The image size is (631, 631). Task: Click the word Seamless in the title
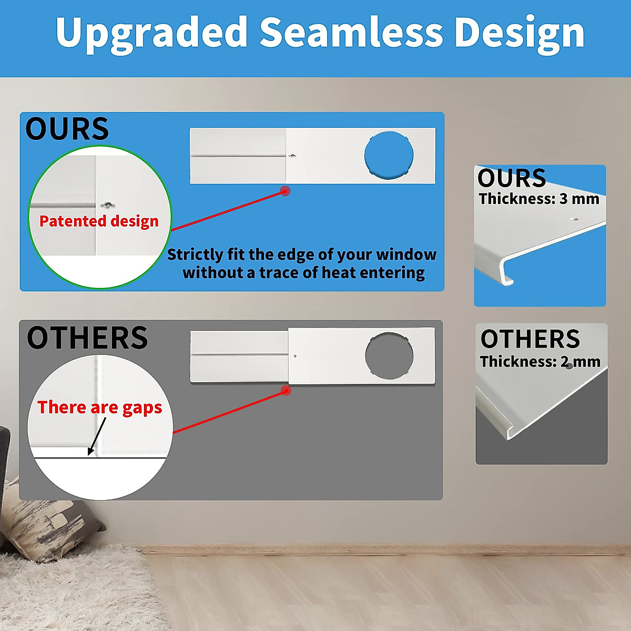(x=351, y=32)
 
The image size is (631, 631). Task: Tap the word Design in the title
(x=520, y=34)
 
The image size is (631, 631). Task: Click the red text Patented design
(x=99, y=221)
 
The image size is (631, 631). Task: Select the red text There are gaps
(x=100, y=408)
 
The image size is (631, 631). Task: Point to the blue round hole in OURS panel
(x=389, y=155)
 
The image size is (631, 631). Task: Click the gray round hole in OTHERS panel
(x=389, y=356)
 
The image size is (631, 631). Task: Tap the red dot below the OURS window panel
(x=285, y=191)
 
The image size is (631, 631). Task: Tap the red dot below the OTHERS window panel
(x=286, y=390)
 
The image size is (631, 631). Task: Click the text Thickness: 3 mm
(x=539, y=199)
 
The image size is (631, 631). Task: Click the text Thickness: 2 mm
(x=541, y=361)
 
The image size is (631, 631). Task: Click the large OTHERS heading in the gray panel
(x=87, y=337)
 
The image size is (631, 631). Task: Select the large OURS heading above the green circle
(x=67, y=129)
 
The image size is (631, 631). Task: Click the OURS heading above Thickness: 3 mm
(x=512, y=178)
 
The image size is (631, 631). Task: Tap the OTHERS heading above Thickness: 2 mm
(x=530, y=339)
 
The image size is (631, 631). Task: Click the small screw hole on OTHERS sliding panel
(x=296, y=356)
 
